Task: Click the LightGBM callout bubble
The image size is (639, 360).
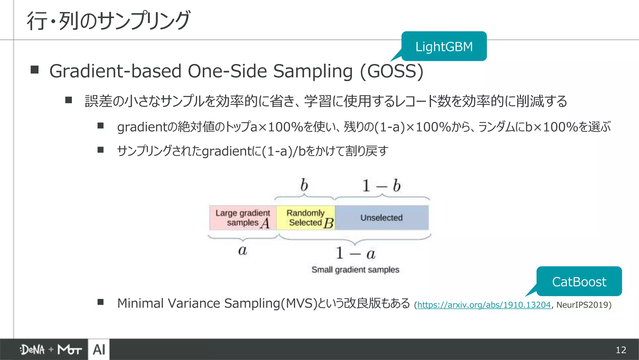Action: click(444, 46)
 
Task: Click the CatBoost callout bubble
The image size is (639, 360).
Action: click(579, 282)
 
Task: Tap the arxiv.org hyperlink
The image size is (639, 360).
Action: click(484, 305)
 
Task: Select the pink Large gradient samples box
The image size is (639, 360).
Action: click(243, 218)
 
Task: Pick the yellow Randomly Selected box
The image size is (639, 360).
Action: click(306, 218)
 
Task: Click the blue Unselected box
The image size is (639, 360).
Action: click(382, 218)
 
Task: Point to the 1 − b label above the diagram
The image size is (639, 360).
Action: click(381, 186)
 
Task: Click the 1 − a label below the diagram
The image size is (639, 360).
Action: click(355, 253)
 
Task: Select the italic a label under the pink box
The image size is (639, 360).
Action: click(242, 251)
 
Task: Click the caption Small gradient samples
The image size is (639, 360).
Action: click(355, 270)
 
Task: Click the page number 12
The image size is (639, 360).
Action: click(621, 350)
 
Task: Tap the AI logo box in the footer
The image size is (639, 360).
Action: click(99, 349)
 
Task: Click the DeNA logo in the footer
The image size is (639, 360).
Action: click(32, 350)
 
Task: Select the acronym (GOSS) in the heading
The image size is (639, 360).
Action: click(392, 71)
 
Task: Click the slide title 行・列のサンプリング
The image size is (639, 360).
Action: click(108, 21)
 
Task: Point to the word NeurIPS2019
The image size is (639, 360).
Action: click(582, 305)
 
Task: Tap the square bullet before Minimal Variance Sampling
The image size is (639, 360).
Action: click(100, 302)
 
